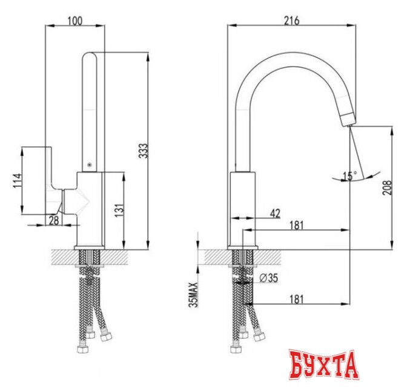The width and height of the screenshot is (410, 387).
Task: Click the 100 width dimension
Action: [x=74, y=21]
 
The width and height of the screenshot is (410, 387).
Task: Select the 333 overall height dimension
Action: [x=143, y=151]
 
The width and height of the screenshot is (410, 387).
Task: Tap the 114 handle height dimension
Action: [x=17, y=180]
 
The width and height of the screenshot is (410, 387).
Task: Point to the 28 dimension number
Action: [x=53, y=221]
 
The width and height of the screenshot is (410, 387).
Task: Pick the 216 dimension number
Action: [x=291, y=21]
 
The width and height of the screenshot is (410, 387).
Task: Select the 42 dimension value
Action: [x=274, y=213]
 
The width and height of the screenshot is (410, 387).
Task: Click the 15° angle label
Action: [x=349, y=176]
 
